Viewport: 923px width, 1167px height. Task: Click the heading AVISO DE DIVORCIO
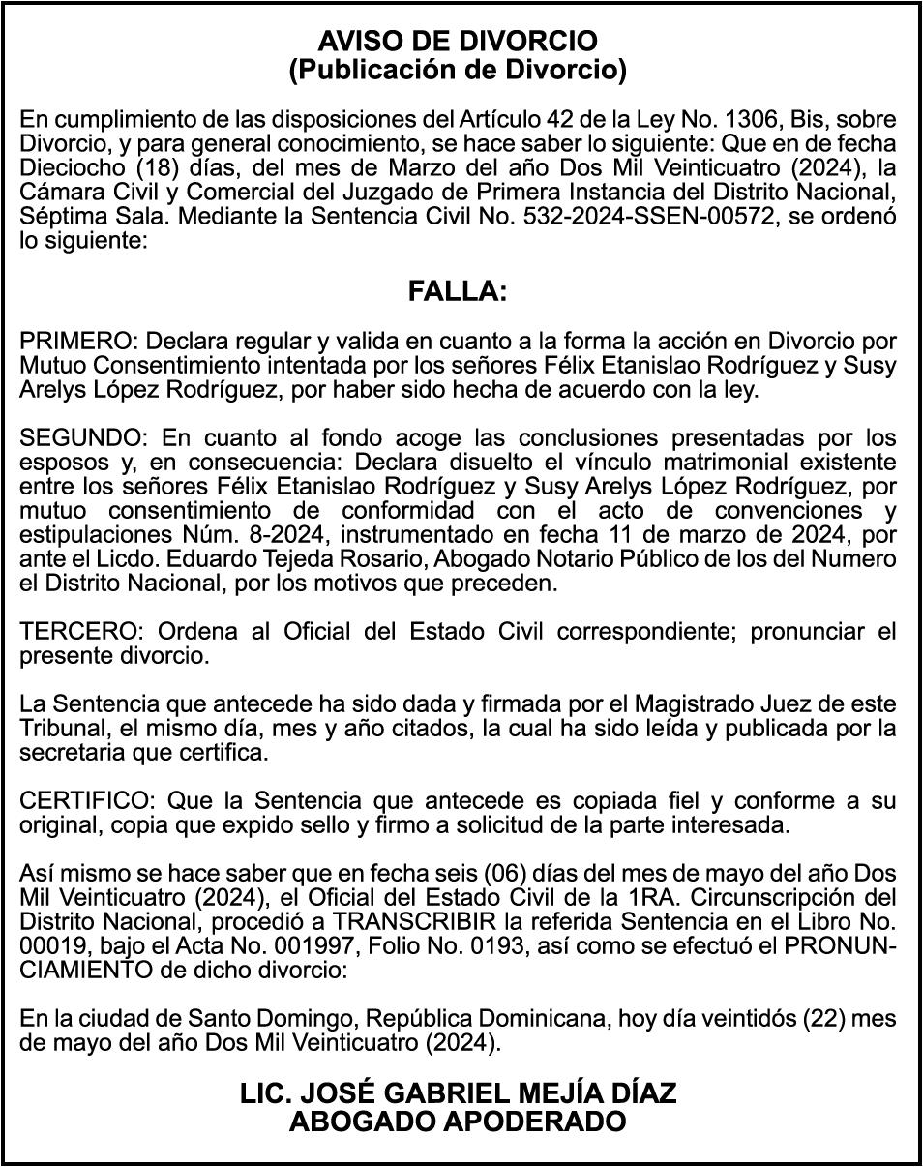click(458, 42)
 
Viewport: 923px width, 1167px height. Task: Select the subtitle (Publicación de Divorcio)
click(458, 70)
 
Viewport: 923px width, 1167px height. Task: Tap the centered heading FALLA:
click(458, 291)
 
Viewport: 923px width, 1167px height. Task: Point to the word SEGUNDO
click(80, 436)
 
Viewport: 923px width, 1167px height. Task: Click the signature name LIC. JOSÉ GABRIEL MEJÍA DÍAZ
click(458, 1094)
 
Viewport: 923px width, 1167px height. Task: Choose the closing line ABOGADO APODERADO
click(458, 1122)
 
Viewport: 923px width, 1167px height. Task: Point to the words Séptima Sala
click(83, 216)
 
